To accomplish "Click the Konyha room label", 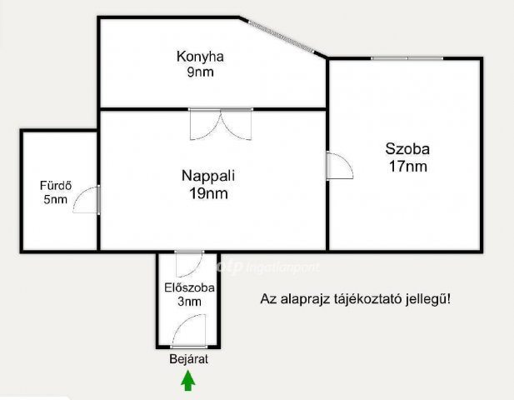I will [202, 57].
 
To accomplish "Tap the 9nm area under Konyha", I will [202, 72].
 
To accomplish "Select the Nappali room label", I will [208, 176].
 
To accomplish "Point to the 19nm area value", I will [208, 193].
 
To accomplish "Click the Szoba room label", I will [407, 149].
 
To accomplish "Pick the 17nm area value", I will [407, 166].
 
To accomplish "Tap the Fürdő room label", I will [55, 185].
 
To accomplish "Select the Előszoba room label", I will [189, 287].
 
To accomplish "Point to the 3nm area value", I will [189, 302].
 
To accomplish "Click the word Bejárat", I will [188, 360].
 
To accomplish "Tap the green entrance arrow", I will [188, 381].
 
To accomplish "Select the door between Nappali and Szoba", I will [340, 167].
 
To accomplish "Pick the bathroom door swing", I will [87, 201].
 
